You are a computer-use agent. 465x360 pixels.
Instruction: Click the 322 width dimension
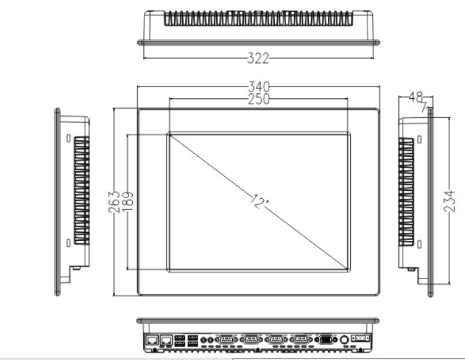(x=258, y=58)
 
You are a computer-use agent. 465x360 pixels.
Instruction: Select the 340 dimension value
(x=259, y=87)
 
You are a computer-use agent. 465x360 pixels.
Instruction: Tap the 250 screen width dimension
(x=259, y=99)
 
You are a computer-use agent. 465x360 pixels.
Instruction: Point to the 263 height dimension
(x=114, y=202)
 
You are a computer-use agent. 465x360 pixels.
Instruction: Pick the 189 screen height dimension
(x=127, y=201)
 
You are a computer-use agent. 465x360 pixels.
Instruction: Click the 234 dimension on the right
(x=450, y=201)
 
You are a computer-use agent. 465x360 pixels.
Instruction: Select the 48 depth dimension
(x=416, y=97)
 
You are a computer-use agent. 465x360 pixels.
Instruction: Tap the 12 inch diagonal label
(x=259, y=202)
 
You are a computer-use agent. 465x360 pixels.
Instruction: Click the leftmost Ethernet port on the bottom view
(x=152, y=340)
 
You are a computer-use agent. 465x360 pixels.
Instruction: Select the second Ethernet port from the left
(x=166, y=340)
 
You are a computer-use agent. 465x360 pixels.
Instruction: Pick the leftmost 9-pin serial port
(x=227, y=340)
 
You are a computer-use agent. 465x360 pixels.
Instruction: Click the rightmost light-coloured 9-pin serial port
(x=301, y=340)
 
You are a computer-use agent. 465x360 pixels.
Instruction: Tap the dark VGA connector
(x=325, y=340)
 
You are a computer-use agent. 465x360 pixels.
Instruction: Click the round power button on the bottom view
(x=345, y=340)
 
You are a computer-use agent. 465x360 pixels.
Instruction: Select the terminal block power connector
(x=360, y=338)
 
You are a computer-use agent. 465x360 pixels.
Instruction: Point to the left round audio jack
(x=203, y=340)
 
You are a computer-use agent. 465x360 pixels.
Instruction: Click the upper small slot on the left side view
(x=68, y=138)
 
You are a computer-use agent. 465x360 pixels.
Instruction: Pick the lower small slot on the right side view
(x=419, y=245)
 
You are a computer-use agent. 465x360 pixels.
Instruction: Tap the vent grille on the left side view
(x=82, y=190)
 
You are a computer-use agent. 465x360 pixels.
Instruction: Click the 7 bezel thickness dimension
(x=424, y=107)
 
